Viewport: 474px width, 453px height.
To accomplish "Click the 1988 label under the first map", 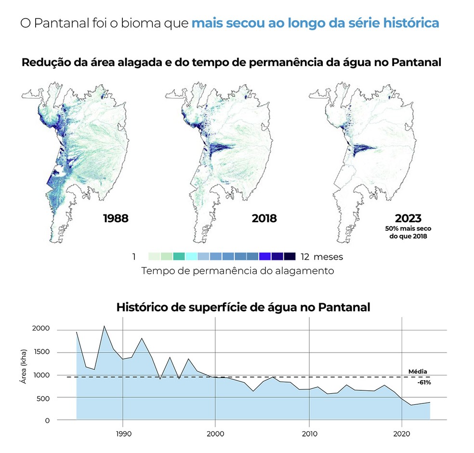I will click(x=116, y=218).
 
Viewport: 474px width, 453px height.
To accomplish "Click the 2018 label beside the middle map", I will click(x=264, y=218).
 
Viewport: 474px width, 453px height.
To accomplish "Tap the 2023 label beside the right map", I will click(x=408, y=218).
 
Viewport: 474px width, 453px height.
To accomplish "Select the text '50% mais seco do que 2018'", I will click(x=408, y=232).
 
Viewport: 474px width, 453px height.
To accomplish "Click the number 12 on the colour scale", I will click(x=304, y=257).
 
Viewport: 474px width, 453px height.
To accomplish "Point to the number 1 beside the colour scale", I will click(x=134, y=257).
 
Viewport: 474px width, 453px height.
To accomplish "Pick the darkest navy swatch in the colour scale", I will click(x=290, y=256).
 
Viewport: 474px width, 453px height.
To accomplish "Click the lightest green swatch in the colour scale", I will click(x=154, y=256).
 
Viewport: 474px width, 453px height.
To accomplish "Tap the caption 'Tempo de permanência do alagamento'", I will click(x=237, y=271).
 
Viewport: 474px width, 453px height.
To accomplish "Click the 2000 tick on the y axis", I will click(x=41, y=329).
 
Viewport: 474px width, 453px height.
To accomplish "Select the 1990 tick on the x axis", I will click(x=123, y=433).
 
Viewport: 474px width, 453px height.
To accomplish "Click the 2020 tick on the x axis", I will click(x=401, y=433).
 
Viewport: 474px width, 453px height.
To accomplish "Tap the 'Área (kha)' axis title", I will click(x=23, y=367).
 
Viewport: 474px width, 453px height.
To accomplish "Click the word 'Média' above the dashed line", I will click(x=417, y=372).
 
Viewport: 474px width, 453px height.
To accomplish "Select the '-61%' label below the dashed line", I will click(x=424, y=383).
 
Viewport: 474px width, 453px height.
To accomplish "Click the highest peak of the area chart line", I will click(x=104, y=326).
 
